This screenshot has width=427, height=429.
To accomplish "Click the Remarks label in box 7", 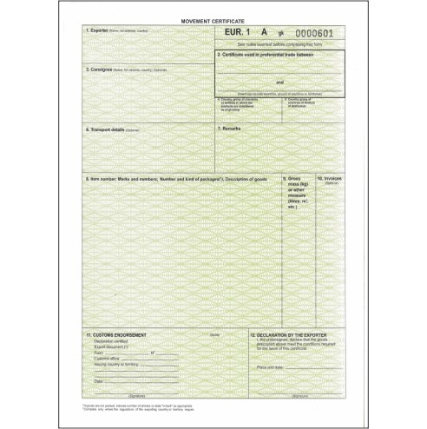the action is pos(230,128).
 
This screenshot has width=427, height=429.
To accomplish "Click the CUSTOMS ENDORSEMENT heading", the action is pos(122,333).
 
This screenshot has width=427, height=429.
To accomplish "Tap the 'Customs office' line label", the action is pos(107,358).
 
